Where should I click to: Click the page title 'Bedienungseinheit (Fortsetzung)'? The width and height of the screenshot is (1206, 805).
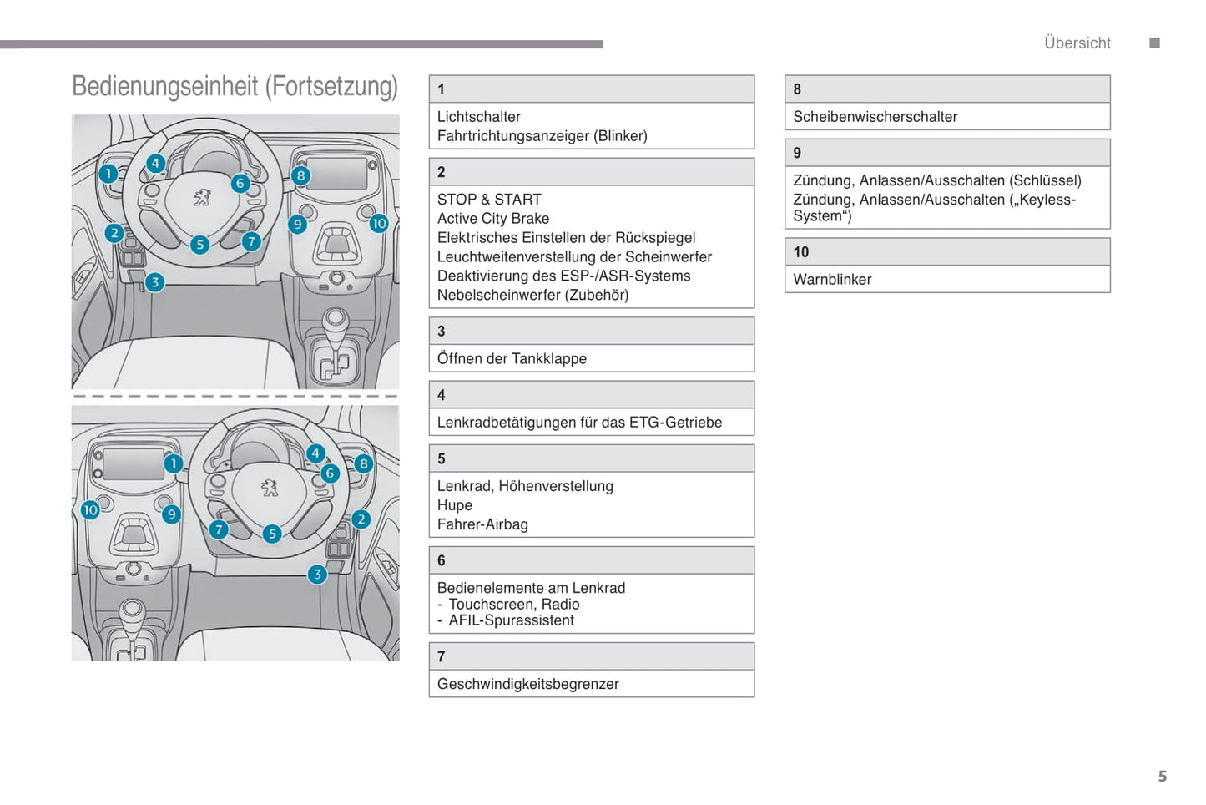pos(235,87)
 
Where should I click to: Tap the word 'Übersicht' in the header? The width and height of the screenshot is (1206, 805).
pos(1077,43)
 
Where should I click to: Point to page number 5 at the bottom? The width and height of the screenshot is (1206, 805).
pos(1162,776)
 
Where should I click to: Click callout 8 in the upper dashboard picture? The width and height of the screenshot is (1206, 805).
pos(300,175)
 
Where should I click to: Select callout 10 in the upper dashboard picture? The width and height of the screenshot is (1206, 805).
pos(379,223)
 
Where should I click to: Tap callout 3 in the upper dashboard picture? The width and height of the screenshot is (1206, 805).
pos(154,282)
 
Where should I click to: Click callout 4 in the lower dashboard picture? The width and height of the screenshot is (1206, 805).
pos(315,453)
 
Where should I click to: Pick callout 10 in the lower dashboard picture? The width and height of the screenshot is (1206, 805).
pos(90,509)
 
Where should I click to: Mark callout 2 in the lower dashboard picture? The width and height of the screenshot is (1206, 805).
pos(361,519)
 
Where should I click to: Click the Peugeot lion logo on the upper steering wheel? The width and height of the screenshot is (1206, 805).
pos(202,198)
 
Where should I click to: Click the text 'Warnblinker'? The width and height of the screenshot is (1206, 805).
pos(831,280)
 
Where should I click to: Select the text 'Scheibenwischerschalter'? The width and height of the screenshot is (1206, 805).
pos(875,117)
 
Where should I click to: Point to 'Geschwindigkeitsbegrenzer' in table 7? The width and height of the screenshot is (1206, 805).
pos(527,684)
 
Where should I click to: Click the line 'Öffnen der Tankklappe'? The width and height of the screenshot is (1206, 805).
pos(512,358)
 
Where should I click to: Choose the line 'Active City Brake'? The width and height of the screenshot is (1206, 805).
pos(492,219)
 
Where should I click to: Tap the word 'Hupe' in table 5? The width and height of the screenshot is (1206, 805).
pos(455,505)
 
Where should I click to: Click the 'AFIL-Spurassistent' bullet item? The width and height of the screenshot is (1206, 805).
pos(511,620)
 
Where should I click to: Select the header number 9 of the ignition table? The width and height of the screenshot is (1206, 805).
pos(797,153)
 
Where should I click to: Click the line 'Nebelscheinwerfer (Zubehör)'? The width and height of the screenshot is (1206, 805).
pos(532,295)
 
